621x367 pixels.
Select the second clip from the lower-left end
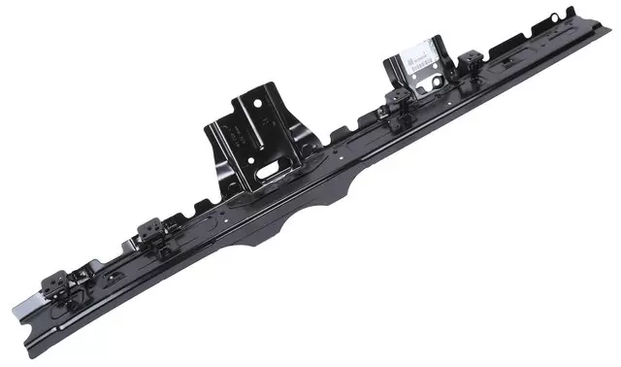coord(150,231)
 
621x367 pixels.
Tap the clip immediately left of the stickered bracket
coord(396,102)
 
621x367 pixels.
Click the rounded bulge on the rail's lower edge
coord(291,219)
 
